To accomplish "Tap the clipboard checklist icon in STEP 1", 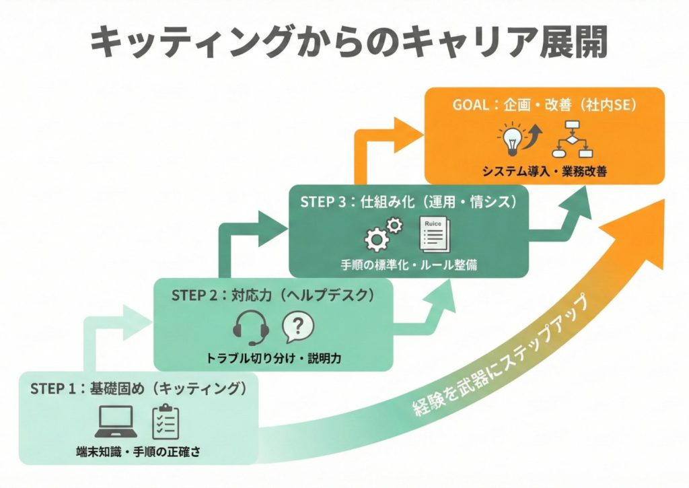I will [166, 421].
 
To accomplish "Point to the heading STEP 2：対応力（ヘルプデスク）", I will [272, 295].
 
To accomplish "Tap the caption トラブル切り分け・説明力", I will [273, 357].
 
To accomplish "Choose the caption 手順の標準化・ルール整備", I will [408, 265].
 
